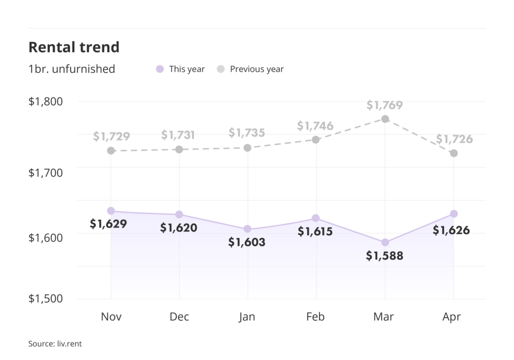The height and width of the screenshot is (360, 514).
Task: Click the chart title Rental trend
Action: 74,47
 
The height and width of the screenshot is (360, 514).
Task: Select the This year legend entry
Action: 181,69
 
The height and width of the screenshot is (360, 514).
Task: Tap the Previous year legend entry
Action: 250,69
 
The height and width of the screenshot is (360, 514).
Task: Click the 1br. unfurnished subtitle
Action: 72,69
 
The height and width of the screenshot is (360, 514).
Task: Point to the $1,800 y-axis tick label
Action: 46,101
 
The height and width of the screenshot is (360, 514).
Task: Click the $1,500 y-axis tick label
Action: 46,299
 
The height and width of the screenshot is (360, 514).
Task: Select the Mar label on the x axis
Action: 384,317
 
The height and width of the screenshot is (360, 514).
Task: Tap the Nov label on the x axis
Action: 111,317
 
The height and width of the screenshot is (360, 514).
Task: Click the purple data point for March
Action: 385,243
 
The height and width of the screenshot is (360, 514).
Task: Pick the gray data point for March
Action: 385,119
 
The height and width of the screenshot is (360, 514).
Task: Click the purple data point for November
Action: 111,211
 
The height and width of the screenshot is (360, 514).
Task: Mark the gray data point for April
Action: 454,153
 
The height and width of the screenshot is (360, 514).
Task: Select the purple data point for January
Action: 247,229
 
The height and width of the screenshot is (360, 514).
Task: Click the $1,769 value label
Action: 384,105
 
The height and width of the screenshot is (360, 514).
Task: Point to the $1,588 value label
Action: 384,256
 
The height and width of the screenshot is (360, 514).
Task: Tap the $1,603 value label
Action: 247,243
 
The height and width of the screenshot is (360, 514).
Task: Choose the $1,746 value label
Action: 315,126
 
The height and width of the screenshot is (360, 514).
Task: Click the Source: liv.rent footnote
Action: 55,344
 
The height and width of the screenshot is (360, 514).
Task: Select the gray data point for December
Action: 179,150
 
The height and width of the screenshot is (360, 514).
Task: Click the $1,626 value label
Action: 452,230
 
